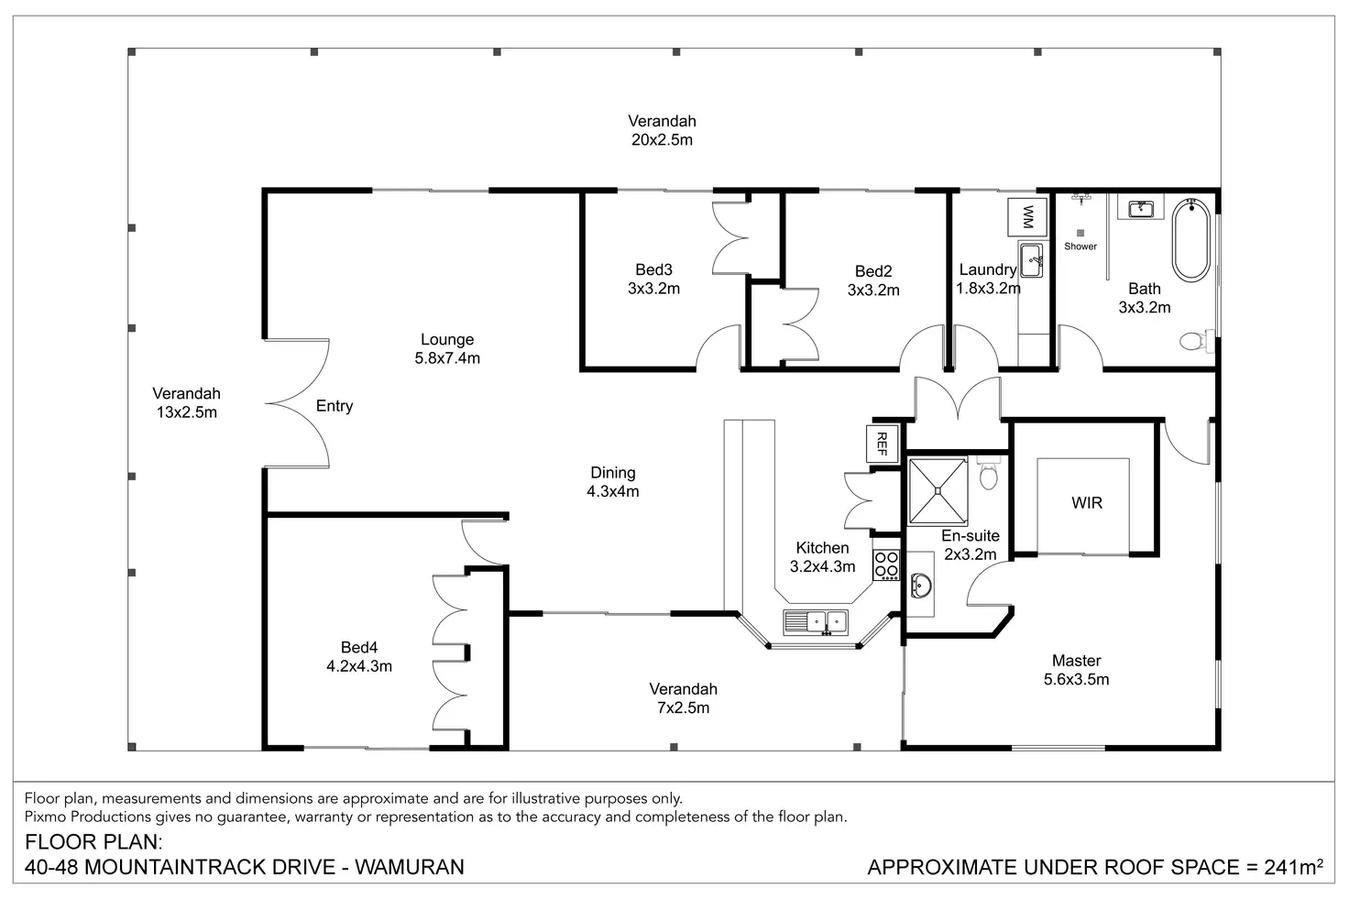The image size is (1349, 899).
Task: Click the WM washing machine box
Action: tap(1027, 217)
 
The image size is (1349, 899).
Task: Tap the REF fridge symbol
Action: tap(883, 444)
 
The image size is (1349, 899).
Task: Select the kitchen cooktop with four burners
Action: tap(886, 565)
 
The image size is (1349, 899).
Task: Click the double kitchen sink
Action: tap(816, 622)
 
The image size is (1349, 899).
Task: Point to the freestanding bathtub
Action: tap(1190, 239)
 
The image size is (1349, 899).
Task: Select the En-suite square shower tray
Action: tap(938, 491)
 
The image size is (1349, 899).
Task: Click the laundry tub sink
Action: tap(1031, 260)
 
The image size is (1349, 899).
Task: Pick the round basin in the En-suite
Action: tap(921, 585)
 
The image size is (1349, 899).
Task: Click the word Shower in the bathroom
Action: tap(1080, 247)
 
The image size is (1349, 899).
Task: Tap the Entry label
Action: tap(335, 407)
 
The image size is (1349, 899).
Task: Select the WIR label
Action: tap(1086, 502)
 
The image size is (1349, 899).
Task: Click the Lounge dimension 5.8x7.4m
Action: tap(447, 358)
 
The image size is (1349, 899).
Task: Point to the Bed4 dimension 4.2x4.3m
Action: tap(359, 666)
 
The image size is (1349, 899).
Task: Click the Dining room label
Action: tap(613, 473)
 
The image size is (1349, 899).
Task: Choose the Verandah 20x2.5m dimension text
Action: tap(662, 139)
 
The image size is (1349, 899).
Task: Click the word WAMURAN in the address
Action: tap(410, 867)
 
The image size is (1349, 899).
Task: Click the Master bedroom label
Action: tap(1076, 661)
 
